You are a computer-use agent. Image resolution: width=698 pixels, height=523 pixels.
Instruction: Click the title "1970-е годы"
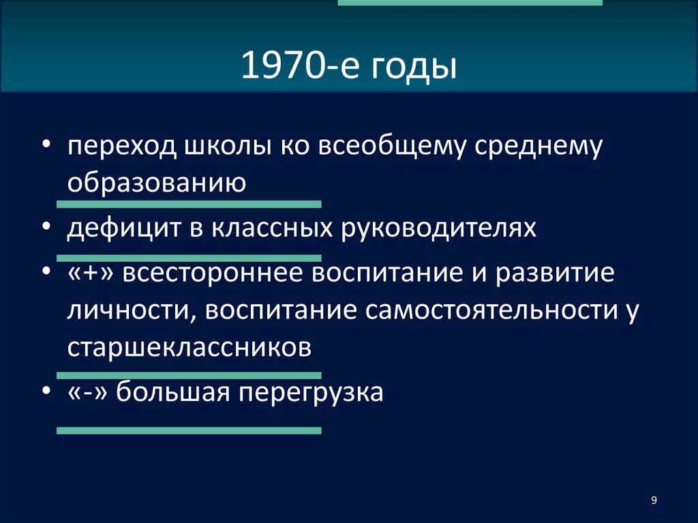pos(348,68)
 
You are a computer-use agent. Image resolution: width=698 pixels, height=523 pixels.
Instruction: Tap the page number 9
pos(654,501)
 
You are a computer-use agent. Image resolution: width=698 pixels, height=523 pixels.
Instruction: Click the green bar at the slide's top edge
pos(470,3)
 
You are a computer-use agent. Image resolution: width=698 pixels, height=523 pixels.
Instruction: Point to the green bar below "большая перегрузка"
pos(189,431)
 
